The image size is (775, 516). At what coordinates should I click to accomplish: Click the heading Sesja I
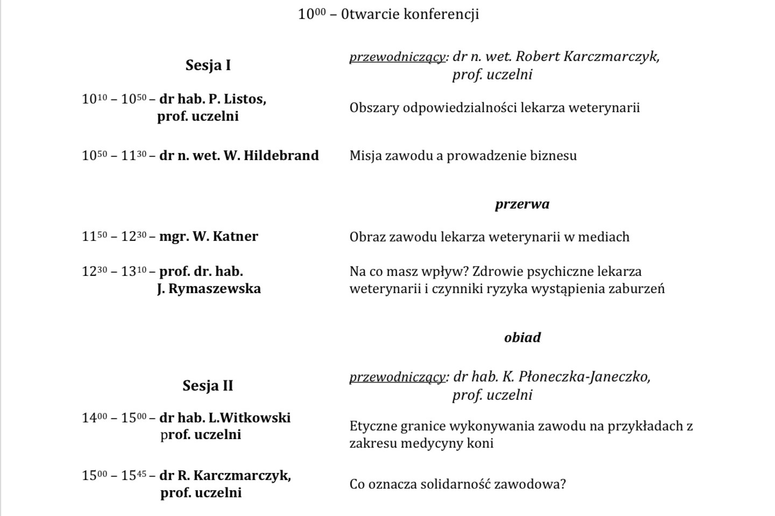[208, 65]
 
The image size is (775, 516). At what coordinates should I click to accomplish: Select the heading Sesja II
[208, 386]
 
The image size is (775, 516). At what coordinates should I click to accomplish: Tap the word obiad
[522, 338]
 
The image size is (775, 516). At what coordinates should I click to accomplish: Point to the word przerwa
[522, 204]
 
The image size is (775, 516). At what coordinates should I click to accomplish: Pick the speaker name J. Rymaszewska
[209, 289]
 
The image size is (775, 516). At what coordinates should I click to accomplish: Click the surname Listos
[245, 99]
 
